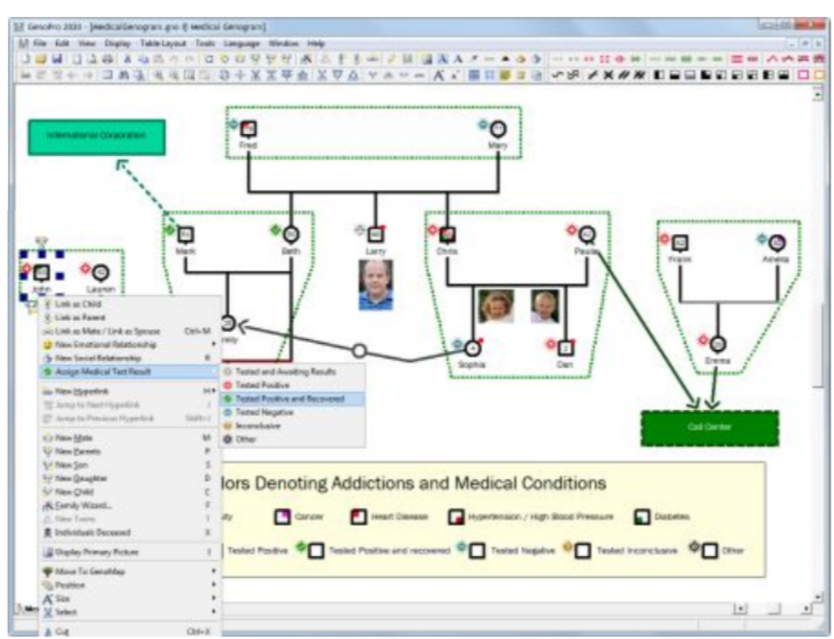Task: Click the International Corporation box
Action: pos(97,137)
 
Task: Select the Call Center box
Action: pos(709,428)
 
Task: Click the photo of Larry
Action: pos(376,285)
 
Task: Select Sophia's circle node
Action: pos(473,347)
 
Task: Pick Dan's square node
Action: pos(567,347)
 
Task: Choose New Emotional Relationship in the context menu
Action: pos(106,345)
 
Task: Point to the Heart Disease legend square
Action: pos(357,515)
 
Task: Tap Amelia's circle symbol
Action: pos(777,242)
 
